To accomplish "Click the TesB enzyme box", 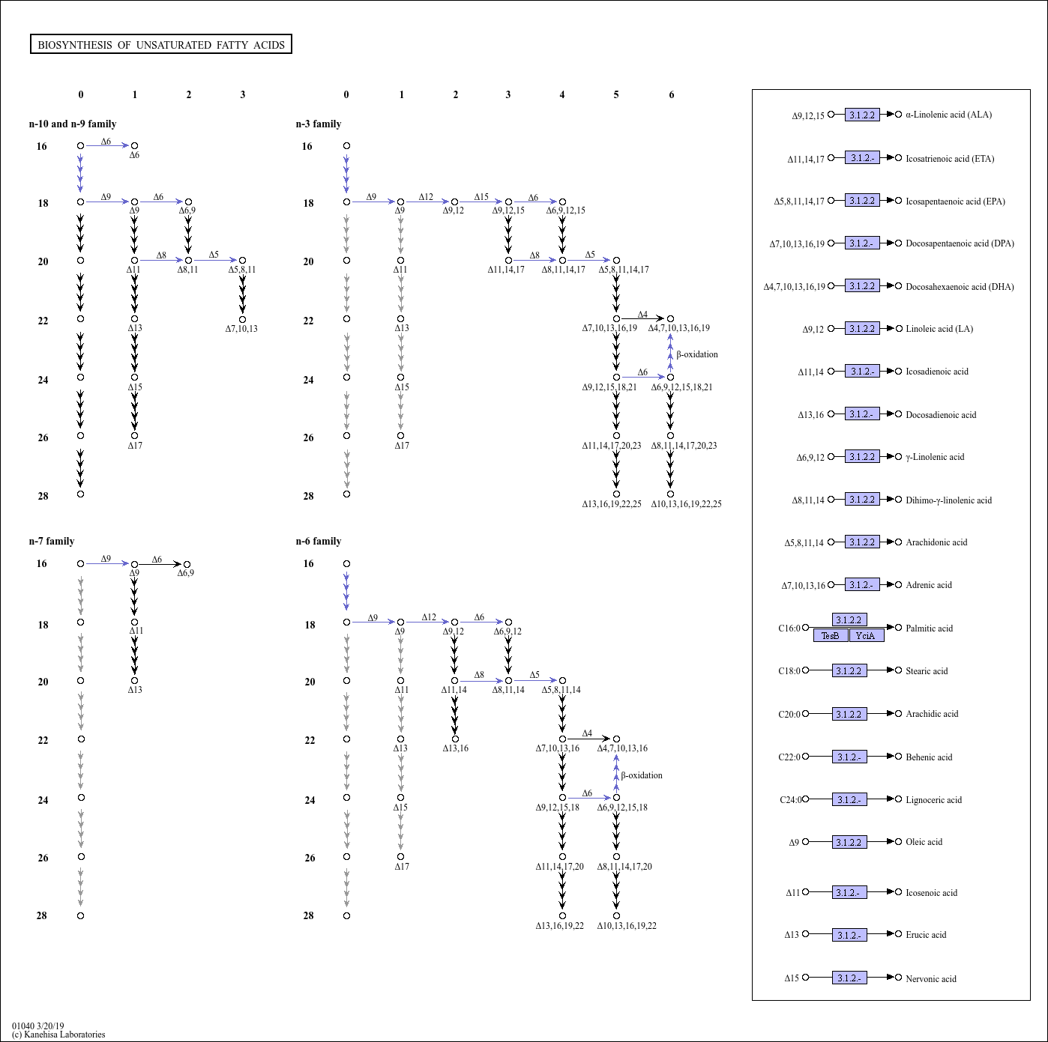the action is pos(831,635).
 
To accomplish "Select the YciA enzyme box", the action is pos(867,635).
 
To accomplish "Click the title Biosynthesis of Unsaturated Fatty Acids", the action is pos(161,45).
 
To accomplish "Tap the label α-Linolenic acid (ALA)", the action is pos(948,115).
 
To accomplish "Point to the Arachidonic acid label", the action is pos(936,542).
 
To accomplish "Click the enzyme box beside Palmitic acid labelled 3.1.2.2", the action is pos(849,620).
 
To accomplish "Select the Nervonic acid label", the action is pos(930,978).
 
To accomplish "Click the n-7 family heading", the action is pos(52,541).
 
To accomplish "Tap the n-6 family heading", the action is pos(319,541).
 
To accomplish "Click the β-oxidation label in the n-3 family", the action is pos(697,354).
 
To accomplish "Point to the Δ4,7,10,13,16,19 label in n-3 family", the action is pos(678,328).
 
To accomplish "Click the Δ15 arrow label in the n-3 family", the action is pos(481,197).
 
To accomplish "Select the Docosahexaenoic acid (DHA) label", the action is pos(960,286).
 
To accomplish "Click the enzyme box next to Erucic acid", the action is pos(849,935).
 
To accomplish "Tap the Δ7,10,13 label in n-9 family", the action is pos(241,328).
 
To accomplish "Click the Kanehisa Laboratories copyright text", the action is pos(58,1035).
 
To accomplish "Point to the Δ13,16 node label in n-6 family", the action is pos(455,748).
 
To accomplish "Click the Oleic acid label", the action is pos(924,841).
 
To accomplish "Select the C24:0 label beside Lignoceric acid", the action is pos(791,799).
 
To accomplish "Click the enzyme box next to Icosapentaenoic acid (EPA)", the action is pos(862,201).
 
